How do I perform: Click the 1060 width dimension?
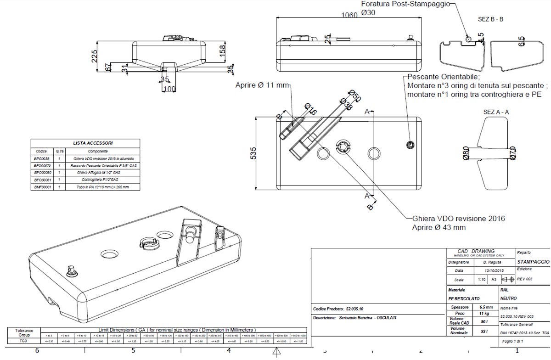[x=350, y=14]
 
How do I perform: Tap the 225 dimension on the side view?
[x=95, y=56]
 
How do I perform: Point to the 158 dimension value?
[x=222, y=48]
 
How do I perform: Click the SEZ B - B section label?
[x=490, y=20]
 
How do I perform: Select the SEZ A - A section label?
[x=496, y=112]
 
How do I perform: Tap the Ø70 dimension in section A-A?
[x=513, y=153]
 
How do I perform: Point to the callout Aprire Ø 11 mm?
[x=262, y=85]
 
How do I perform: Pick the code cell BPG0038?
[x=42, y=158]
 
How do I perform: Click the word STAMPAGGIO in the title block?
[x=533, y=261]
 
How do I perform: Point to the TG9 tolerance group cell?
[x=24, y=341]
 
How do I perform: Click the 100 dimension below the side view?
[x=169, y=88]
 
